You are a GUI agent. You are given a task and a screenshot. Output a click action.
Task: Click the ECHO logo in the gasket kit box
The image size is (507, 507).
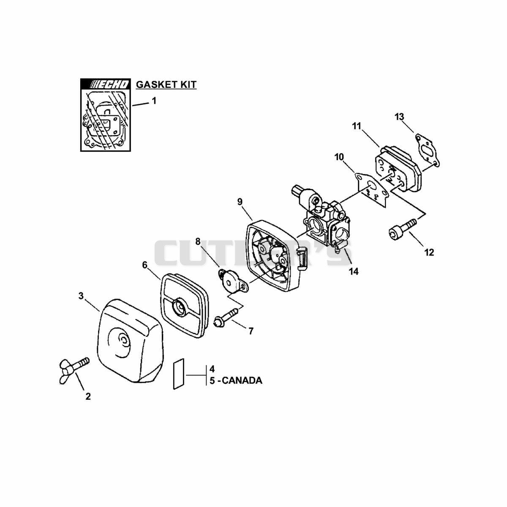coord(105,84)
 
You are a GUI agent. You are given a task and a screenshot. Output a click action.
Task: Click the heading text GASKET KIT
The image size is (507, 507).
coord(166,84)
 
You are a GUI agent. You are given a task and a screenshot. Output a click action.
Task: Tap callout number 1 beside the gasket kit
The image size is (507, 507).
coord(154,101)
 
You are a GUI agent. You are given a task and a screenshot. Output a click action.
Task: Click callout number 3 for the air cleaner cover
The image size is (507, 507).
coord(81,296)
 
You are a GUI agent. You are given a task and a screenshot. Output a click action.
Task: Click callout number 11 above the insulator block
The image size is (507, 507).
coord(357,126)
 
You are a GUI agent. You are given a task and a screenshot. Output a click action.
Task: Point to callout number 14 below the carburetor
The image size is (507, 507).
coord(354,271)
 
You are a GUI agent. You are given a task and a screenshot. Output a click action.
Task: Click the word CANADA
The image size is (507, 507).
coord(241,380)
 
